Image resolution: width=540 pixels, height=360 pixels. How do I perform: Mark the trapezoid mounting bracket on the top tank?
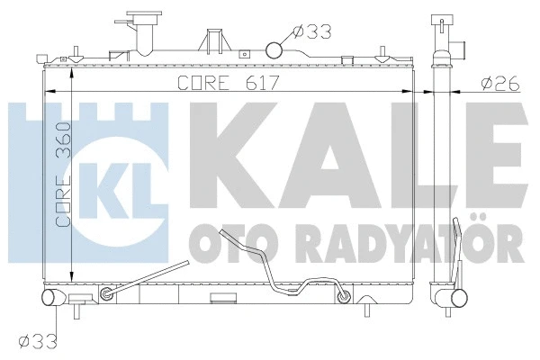point(213,42)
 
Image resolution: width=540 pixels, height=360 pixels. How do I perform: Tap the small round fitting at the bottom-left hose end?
point(108,293)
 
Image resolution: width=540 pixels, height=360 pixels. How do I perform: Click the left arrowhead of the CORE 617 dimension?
point(50,91)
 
